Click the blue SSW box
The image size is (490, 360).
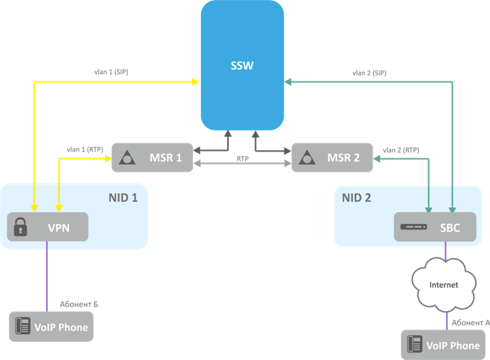click(242, 65)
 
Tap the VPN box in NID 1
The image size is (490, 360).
click(48, 227)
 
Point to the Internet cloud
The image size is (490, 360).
click(444, 285)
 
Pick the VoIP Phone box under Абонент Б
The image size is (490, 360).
click(50, 327)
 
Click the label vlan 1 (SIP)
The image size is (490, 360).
click(111, 71)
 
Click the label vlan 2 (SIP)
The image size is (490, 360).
click(369, 73)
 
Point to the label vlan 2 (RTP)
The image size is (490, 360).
click(401, 149)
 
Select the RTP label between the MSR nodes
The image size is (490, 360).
click(242, 158)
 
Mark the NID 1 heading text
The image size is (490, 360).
click(123, 198)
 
